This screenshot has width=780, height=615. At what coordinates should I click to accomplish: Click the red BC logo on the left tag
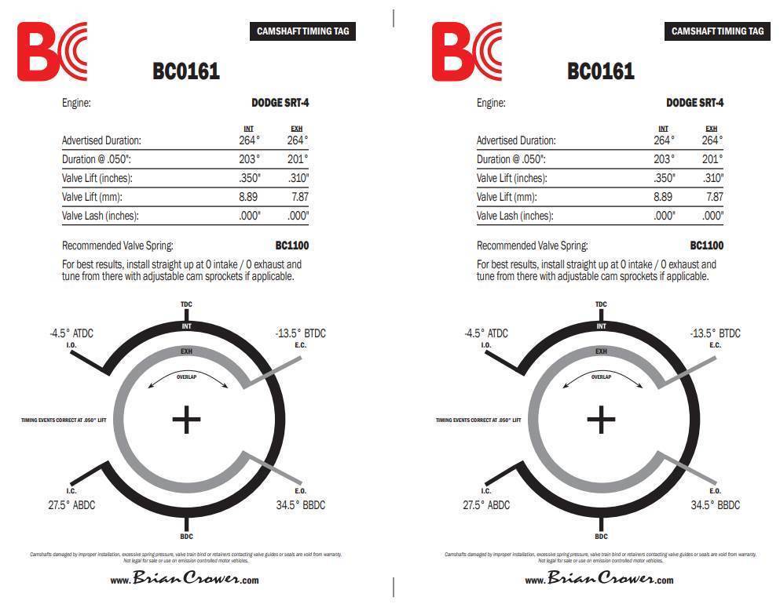[52, 51]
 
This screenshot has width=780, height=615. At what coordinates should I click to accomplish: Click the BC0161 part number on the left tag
[186, 71]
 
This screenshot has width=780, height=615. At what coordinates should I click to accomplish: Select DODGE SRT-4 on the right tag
[694, 103]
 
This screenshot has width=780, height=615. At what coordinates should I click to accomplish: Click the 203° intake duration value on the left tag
[249, 159]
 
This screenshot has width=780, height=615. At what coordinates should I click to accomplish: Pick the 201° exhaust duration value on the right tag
[712, 159]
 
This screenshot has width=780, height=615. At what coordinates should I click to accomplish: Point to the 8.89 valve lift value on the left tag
[248, 197]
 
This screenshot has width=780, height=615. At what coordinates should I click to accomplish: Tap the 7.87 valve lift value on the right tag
[714, 197]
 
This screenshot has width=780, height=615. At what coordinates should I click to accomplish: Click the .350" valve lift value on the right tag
[665, 178]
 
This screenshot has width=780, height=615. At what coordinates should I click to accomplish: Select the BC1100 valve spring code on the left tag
[291, 246]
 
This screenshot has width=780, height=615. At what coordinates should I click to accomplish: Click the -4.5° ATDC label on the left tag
[71, 333]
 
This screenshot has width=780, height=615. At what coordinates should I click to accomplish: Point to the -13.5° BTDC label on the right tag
[715, 333]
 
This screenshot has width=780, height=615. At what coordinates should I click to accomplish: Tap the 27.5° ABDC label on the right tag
[486, 505]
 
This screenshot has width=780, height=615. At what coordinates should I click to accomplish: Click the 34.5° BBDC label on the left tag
[300, 505]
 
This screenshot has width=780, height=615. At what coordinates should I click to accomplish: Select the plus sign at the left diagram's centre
[186, 420]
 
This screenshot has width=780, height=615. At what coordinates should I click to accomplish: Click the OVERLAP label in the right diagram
[601, 377]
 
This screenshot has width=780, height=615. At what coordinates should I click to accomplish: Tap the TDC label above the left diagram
[186, 304]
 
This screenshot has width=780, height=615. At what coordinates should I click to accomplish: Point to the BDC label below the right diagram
[601, 537]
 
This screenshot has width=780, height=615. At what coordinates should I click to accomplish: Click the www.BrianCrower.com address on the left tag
[185, 580]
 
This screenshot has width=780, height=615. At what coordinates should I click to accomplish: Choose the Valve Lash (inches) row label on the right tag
[515, 216]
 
